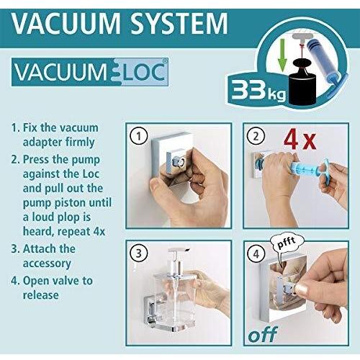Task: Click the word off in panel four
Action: click(262, 336)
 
